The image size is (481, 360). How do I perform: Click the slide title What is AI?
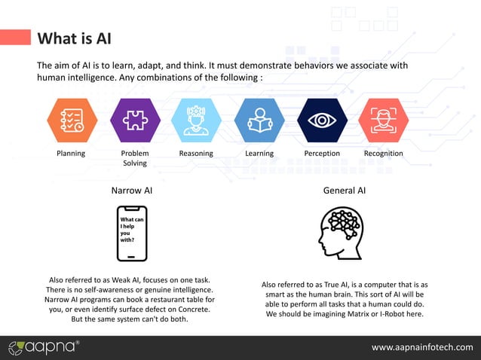(x=74, y=38)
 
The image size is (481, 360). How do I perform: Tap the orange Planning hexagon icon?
(x=72, y=121)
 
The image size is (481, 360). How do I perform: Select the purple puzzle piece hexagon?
(x=135, y=121)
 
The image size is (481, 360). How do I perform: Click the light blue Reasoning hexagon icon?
(x=196, y=121)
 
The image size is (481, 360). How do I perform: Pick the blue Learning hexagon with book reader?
(x=259, y=121)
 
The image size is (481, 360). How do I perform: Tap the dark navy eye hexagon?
(x=322, y=121)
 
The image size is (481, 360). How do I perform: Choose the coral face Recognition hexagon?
(x=383, y=121)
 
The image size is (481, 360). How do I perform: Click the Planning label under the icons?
(x=72, y=154)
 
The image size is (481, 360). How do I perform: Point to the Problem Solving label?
(x=135, y=158)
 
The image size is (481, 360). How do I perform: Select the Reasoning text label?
(x=196, y=154)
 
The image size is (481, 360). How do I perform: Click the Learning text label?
(x=259, y=154)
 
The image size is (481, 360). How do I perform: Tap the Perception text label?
(x=322, y=154)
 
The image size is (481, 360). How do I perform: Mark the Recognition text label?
(x=383, y=154)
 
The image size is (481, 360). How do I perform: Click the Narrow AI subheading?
(x=132, y=191)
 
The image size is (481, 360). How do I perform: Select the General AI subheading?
(x=345, y=191)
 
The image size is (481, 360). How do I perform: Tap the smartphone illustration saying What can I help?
(x=132, y=233)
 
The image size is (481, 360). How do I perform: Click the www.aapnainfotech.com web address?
(x=422, y=347)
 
